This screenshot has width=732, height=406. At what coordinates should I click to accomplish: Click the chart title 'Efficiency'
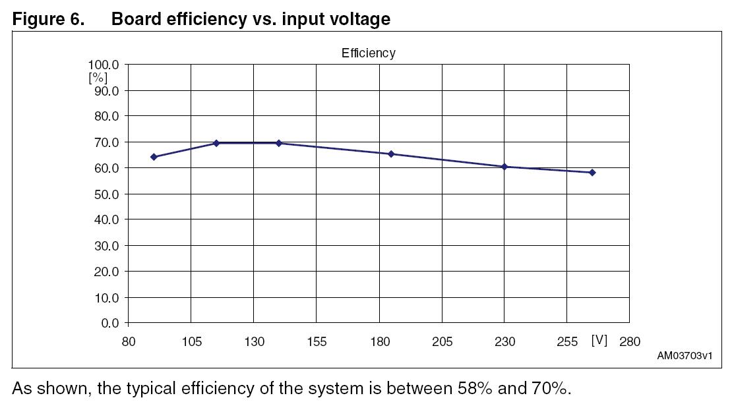click(368, 53)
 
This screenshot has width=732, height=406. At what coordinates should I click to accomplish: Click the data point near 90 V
click(154, 157)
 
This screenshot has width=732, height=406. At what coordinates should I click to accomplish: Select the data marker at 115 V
click(216, 143)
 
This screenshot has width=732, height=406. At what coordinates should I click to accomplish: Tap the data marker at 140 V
click(279, 143)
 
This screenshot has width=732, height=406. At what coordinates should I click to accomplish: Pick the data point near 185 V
click(391, 154)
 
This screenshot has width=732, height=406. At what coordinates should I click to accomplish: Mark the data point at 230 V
click(504, 167)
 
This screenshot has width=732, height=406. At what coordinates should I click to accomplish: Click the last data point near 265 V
click(592, 173)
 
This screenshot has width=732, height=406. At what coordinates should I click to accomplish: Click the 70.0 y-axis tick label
click(105, 142)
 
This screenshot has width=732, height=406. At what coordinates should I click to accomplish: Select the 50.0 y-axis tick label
click(105, 194)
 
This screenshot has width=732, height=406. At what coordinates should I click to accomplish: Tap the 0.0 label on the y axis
click(110, 324)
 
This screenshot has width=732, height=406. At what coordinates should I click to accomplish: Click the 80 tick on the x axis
click(128, 341)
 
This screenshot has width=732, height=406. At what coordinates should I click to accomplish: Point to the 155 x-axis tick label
click(317, 341)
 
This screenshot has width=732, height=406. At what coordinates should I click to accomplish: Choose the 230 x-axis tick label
click(504, 341)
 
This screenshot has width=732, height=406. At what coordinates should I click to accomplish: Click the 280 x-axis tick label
click(630, 341)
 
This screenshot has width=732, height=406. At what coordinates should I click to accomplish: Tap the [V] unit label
click(599, 340)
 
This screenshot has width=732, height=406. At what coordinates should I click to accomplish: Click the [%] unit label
click(98, 77)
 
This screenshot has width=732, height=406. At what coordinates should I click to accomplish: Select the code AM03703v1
click(685, 356)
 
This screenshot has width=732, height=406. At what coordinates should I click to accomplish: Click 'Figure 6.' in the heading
click(48, 19)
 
